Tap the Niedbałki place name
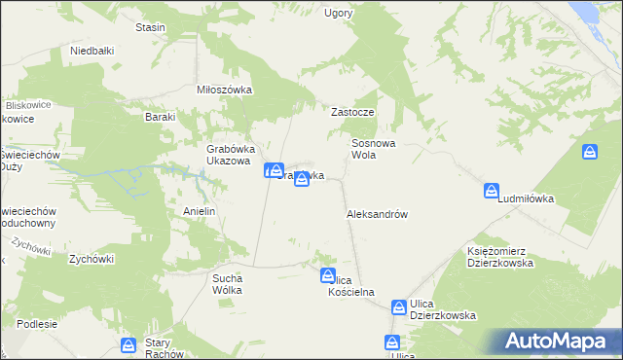coord(93,50)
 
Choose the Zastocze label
coord(352,112)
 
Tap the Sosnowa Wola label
coord(373,148)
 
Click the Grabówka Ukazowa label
coord(229,155)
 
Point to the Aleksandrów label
coord(376,214)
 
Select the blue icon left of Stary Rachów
coord(128,344)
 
